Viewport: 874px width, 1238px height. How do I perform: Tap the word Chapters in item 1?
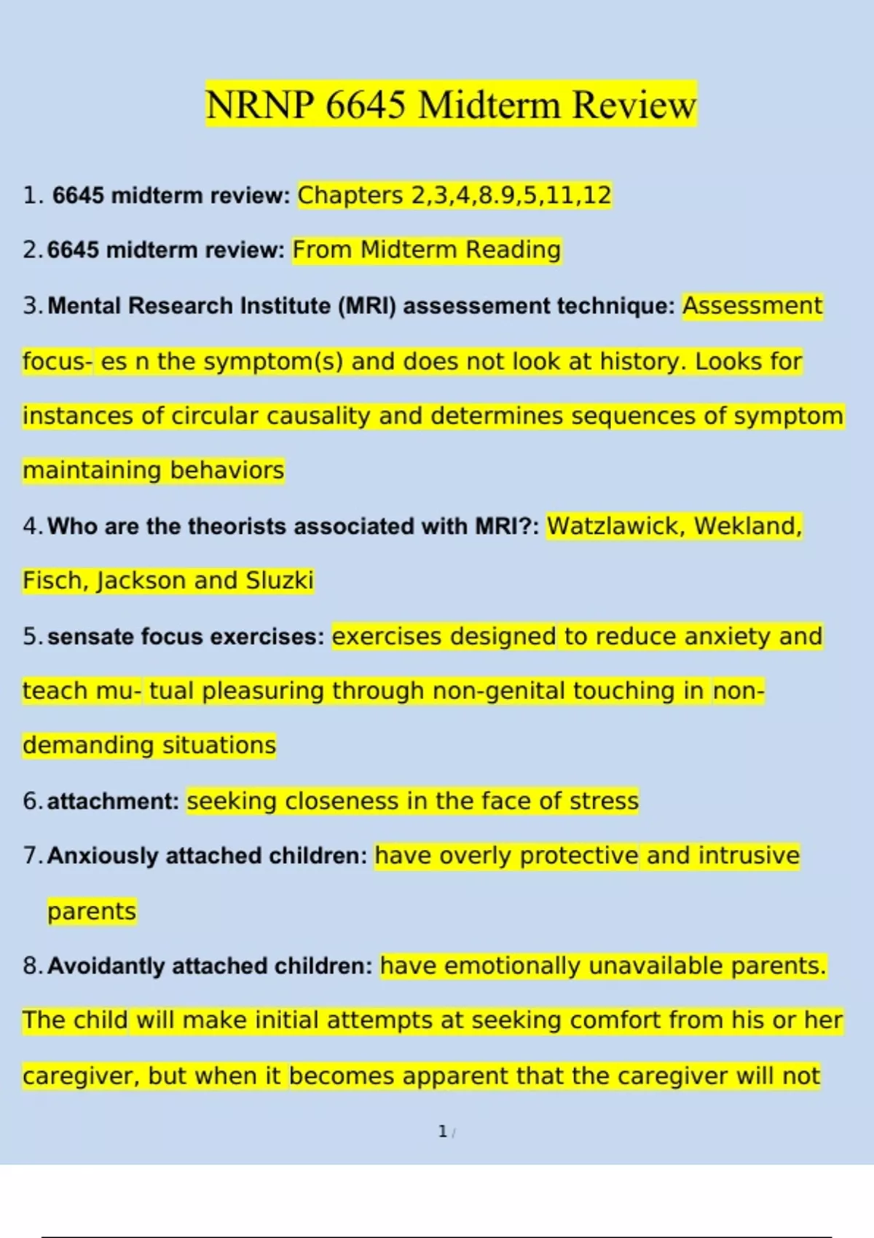[x=350, y=196]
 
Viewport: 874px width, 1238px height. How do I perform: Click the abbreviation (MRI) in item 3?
[x=367, y=306]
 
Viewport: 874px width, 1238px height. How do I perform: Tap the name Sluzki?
[x=280, y=580]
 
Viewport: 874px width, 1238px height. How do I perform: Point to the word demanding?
[x=88, y=746]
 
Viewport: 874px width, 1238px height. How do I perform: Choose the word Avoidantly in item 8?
[x=106, y=966]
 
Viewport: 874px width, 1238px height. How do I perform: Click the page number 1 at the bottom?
[x=443, y=1131]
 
